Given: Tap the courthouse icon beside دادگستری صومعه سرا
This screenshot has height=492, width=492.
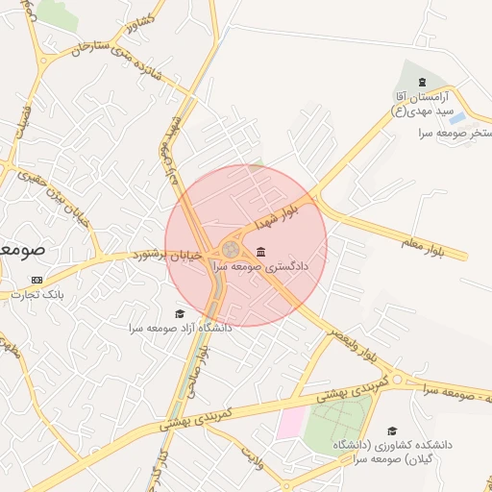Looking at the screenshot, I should (x=261, y=252).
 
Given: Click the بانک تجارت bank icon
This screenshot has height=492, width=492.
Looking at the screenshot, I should (x=37, y=280).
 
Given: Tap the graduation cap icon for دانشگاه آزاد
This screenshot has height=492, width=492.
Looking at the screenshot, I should (x=179, y=313).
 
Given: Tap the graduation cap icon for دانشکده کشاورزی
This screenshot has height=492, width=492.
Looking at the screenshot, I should (x=391, y=430).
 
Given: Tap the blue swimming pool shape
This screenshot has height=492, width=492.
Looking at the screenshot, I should (x=457, y=117).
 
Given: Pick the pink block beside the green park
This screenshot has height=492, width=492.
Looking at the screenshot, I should (x=290, y=422).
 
